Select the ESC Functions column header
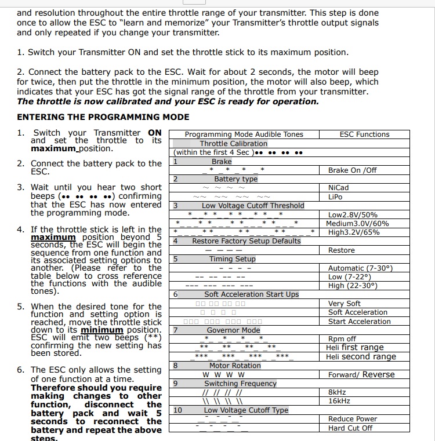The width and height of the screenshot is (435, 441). pyautogui.click(x=364, y=134)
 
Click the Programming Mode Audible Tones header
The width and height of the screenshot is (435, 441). pyautogui.click(x=244, y=134)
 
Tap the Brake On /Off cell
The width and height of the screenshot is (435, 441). pyautogui.click(x=352, y=170)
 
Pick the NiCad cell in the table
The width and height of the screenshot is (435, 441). pyautogui.click(x=338, y=188)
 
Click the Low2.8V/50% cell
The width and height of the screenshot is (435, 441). pyautogui.click(x=353, y=215)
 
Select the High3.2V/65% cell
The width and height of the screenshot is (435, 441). pyautogui.click(x=354, y=232)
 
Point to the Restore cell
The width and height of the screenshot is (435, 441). pyautogui.click(x=341, y=250)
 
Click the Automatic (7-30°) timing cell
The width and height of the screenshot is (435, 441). pyautogui.click(x=360, y=268)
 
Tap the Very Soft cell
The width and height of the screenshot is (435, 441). pyautogui.click(x=344, y=304)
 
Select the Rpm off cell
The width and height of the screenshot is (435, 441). pyautogui.click(x=342, y=339)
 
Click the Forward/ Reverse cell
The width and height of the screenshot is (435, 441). pyautogui.click(x=361, y=375)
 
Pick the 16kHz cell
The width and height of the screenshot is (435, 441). pyautogui.click(x=339, y=401)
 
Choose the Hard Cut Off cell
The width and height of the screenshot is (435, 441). pyautogui.click(x=350, y=428)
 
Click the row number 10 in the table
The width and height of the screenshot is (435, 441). pyautogui.click(x=177, y=410)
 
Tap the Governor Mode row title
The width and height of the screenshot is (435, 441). pyautogui.click(x=234, y=330)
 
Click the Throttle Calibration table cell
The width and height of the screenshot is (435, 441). pyautogui.click(x=234, y=144)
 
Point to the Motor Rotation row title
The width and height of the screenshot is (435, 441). pyautogui.click(x=235, y=366)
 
